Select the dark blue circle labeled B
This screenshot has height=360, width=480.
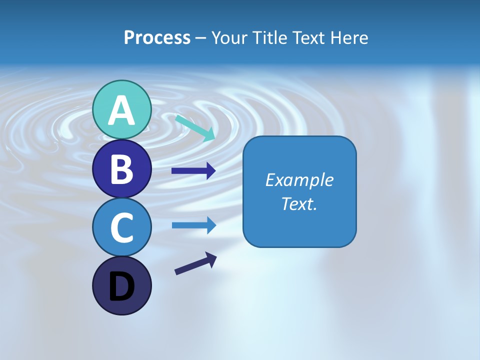[121, 169]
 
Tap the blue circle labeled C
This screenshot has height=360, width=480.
[121, 227]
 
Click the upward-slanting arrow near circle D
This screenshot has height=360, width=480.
[195, 263]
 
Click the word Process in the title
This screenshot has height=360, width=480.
[157, 38]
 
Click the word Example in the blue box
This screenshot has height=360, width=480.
[299, 180]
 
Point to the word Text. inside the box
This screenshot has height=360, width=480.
[299, 204]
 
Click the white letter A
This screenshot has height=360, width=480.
[121, 111]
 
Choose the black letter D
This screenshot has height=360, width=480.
[121, 286]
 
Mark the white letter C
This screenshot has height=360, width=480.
[121, 228]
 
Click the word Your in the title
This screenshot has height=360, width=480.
[228, 38]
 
